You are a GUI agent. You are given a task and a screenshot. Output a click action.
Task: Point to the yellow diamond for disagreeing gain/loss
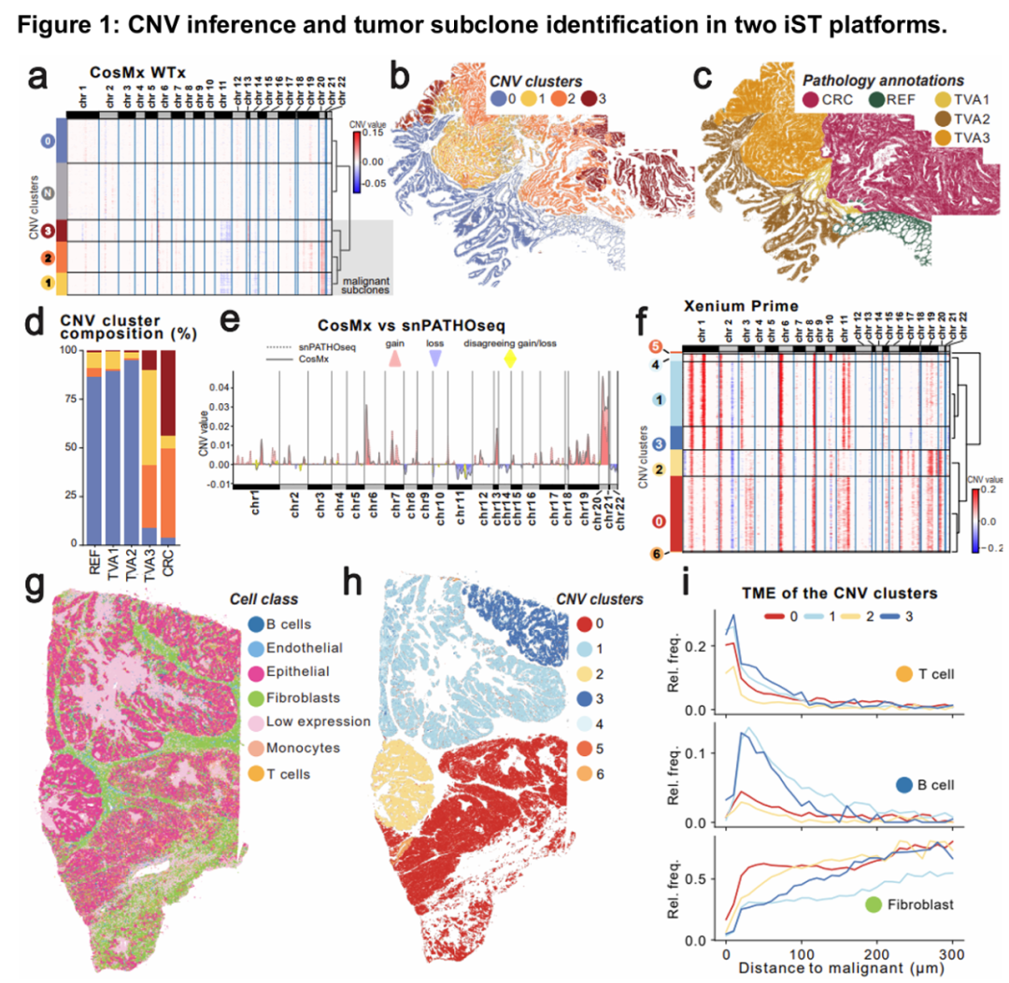click(x=509, y=358)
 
